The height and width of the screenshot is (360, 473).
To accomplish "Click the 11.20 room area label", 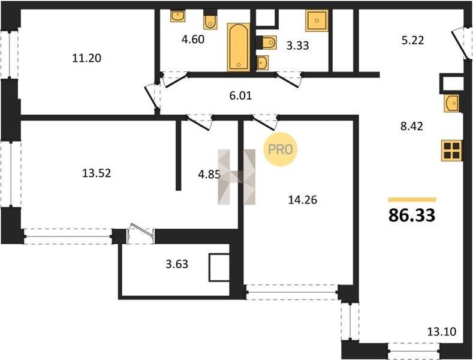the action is pyautogui.click(x=86, y=58).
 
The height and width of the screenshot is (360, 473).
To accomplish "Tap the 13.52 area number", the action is pyautogui.click(x=97, y=173).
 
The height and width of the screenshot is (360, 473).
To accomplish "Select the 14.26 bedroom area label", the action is pyautogui.click(x=303, y=200).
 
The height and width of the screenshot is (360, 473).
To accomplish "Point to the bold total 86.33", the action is pyautogui.click(x=412, y=215).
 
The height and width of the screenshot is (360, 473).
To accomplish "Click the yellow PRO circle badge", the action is pyautogui.click(x=280, y=149).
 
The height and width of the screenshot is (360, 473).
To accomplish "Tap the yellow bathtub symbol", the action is pyautogui.click(x=239, y=47).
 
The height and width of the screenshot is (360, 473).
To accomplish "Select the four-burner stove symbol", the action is pyautogui.click(x=451, y=151).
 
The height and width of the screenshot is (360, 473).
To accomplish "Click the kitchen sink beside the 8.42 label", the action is pyautogui.click(x=451, y=103).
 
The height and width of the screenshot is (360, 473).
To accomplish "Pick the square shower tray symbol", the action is pyautogui.click(x=317, y=20).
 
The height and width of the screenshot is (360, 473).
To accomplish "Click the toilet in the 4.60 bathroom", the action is pyautogui.click(x=210, y=20).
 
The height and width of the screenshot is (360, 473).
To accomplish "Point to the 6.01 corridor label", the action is pyautogui.click(x=240, y=96).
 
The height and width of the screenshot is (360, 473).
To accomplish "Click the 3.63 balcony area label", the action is pyautogui.click(x=177, y=264).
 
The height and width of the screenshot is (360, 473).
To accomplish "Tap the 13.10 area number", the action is pyautogui.click(x=442, y=332).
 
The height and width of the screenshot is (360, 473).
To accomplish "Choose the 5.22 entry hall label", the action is pyautogui.click(x=412, y=40).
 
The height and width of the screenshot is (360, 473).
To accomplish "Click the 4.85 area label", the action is pyautogui.click(x=209, y=174).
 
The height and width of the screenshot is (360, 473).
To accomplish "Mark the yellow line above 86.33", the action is pyautogui.click(x=412, y=199).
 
